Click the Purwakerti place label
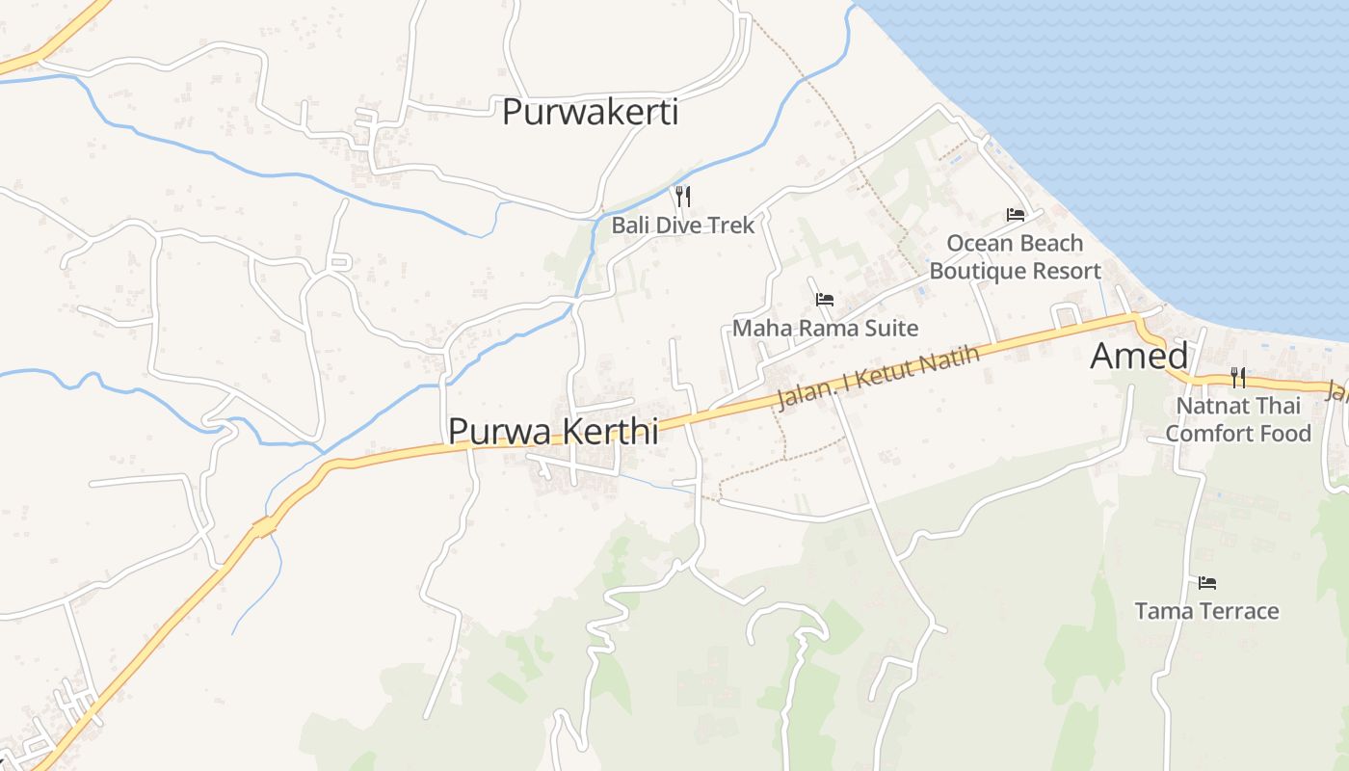(590, 112)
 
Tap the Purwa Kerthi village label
(553, 431)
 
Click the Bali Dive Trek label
(683, 226)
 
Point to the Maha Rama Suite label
(825, 328)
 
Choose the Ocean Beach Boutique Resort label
(1015, 256)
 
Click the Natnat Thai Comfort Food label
(1238, 419)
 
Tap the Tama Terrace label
(1206, 611)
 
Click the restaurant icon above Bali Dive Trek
(683, 197)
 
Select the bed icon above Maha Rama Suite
(825, 300)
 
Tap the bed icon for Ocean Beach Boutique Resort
(1016, 214)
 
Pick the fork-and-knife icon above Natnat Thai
(1238, 377)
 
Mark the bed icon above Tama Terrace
(1207, 582)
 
